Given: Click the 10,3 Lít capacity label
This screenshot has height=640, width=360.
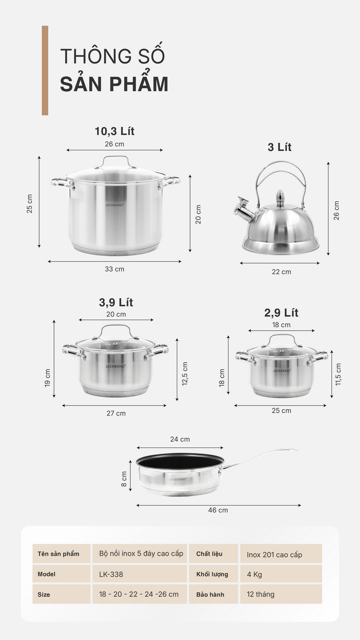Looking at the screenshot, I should click(x=114, y=131).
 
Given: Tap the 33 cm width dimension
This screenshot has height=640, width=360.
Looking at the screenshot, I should click(x=114, y=269).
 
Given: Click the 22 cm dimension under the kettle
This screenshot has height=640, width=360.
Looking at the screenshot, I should click(x=281, y=272).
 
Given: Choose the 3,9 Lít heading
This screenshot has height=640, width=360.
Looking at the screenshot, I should click(x=116, y=302).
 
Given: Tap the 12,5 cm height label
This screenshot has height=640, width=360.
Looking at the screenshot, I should click(x=185, y=374).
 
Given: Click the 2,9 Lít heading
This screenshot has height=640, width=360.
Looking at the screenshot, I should click(x=281, y=313).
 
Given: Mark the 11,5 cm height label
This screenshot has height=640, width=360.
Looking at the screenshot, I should click(x=338, y=374).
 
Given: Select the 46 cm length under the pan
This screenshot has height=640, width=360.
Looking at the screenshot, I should click(x=218, y=510).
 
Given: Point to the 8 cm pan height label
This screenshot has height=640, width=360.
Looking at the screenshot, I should click(x=124, y=479).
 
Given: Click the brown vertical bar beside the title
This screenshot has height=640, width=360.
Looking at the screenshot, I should click(x=45, y=70).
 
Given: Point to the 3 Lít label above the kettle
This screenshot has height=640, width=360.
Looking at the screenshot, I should click(x=280, y=147).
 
